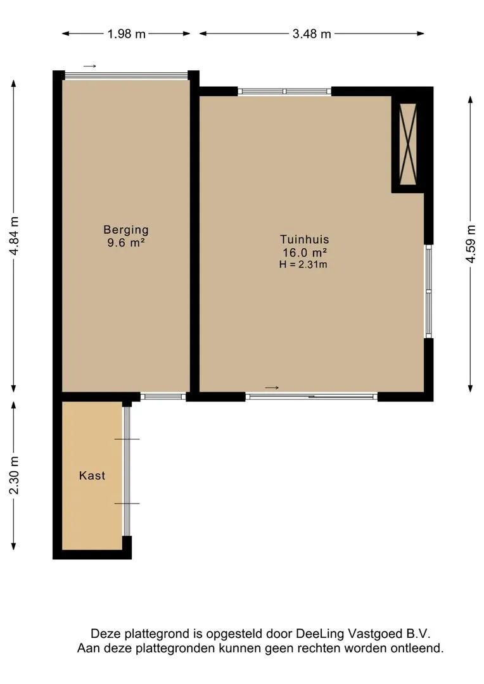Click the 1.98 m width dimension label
point(127,34)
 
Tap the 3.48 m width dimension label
point(312,34)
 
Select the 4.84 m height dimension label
point(14,236)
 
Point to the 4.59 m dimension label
point(470,243)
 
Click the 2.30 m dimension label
point(14,475)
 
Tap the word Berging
point(126,230)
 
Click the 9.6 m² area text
point(126,243)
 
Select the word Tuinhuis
point(305,239)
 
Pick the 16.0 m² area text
point(305,252)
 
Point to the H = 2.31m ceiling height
point(303,264)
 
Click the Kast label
point(92,476)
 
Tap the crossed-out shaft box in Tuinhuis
point(408,144)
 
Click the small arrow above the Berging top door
point(89,66)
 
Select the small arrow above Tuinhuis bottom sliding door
point(272,388)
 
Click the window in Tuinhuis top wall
point(284,91)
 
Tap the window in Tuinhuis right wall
point(429,291)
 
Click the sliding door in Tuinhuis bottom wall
point(311,396)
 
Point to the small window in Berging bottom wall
point(163,396)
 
